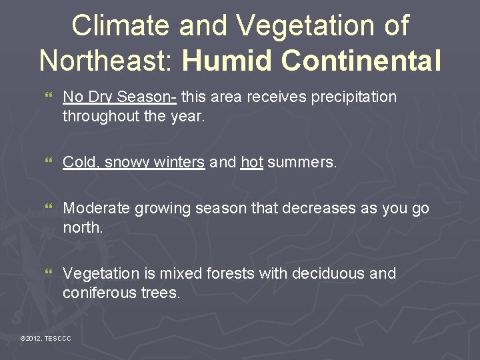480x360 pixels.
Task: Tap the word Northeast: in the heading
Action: [107, 60]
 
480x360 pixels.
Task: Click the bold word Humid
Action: [227, 60]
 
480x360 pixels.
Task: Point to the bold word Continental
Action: [361, 60]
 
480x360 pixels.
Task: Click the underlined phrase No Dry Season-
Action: [119, 97]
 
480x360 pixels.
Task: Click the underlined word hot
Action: [252, 163]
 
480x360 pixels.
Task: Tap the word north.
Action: [83, 228]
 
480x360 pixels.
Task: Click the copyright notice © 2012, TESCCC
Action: [45, 339]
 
